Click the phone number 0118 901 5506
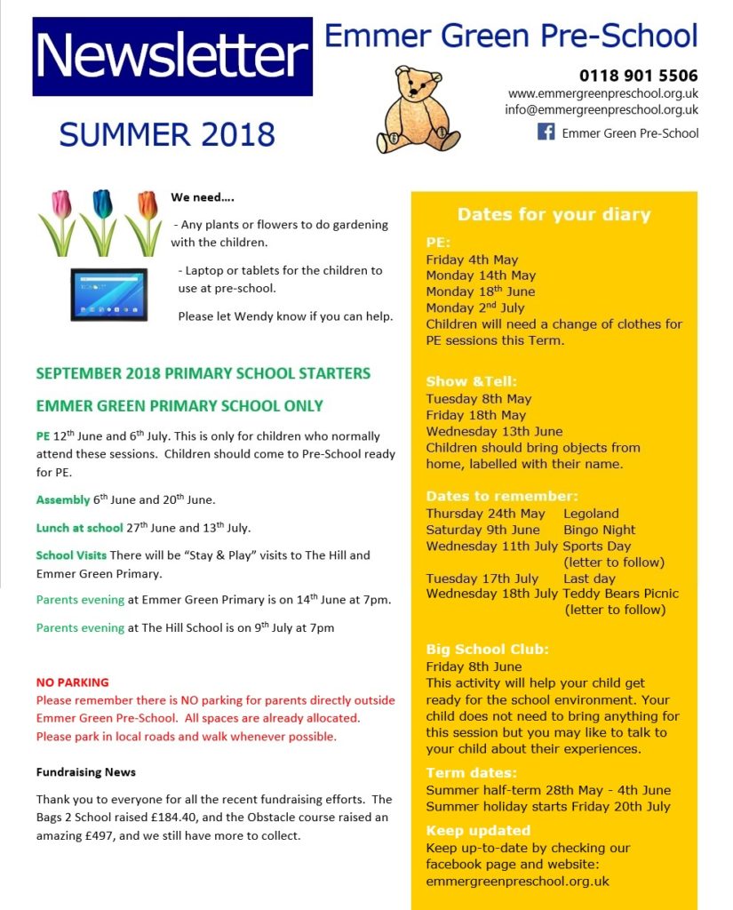pyautogui.click(x=638, y=76)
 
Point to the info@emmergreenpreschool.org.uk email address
pyautogui.click(x=602, y=110)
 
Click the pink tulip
pyautogui.click(x=60, y=206)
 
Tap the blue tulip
pyautogui.click(x=102, y=206)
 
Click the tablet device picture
pyautogui.click(x=108, y=294)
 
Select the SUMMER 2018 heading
pyautogui.click(x=167, y=135)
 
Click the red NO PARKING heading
pyautogui.click(x=73, y=682)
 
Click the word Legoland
pyautogui.click(x=591, y=514)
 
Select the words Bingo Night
pyautogui.click(x=600, y=530)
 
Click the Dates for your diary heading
pyautogui.click(x=554, y=214)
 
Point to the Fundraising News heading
pyautogui.click(x=86, y=772)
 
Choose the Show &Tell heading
pyautogui.click(x=471, y=381)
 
